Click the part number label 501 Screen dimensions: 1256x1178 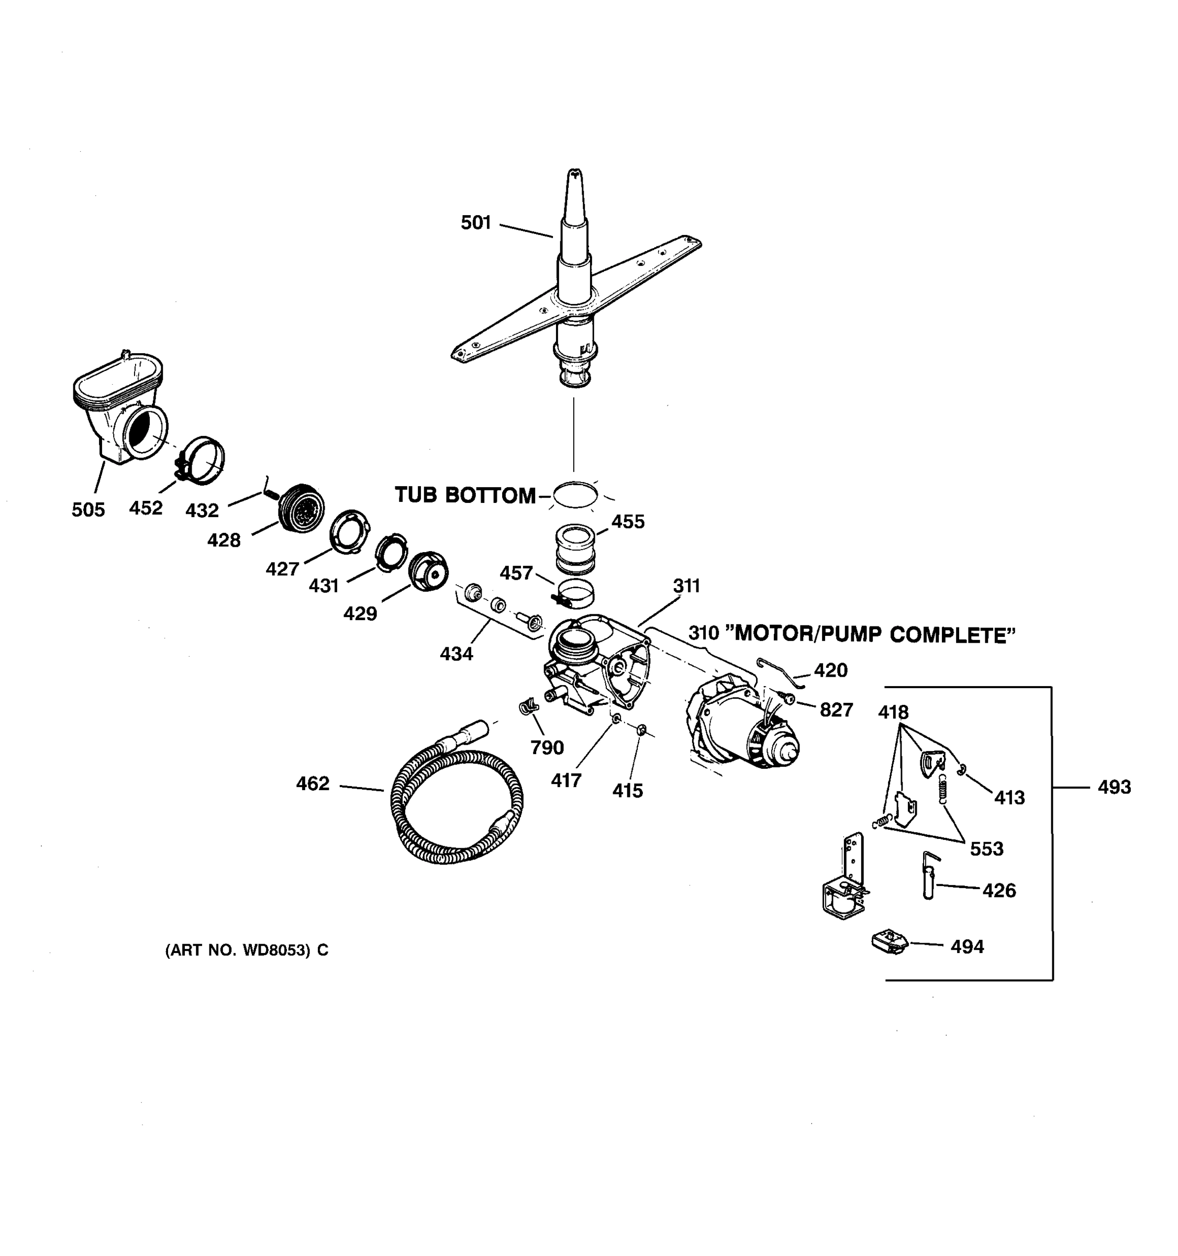click(475, 222)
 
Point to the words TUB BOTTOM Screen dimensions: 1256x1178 click(465, 495)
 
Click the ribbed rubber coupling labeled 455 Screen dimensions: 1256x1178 click(576, 547)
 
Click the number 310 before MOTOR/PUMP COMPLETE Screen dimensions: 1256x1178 click(703, 632)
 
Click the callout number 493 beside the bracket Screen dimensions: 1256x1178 click(1114, 787)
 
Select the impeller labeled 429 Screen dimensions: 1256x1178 click(428, 571)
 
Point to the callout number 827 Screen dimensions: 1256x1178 click(836, 710)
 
